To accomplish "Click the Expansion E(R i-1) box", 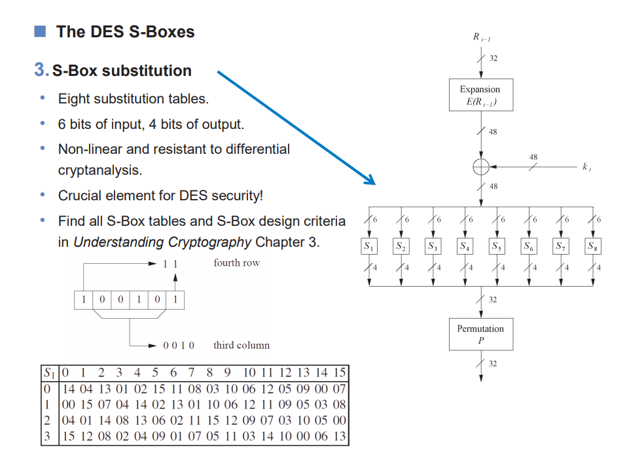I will (x=480, y=95).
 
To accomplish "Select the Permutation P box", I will (x=480, y=334).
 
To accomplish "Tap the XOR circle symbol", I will (x=480, y=167).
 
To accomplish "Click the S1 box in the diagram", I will (x=369, y=247).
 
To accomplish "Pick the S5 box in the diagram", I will (x=497, y=247).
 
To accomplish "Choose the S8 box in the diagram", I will (x=593, y=247).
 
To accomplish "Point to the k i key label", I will (x=586, y=167).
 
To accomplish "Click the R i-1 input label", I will (x=480, y=37).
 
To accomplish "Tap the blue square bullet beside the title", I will (x=41, y=31).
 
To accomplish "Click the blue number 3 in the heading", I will (x=40, y=71).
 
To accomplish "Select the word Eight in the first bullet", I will (x=74, y=99).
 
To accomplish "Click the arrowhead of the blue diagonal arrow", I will (x=371, y=181).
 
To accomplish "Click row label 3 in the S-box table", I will (x=46, y=437).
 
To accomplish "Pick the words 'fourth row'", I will (x=236, y=263).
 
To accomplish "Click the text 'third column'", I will (x=241, y=345).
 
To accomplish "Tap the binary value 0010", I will (x=179, y=346).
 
